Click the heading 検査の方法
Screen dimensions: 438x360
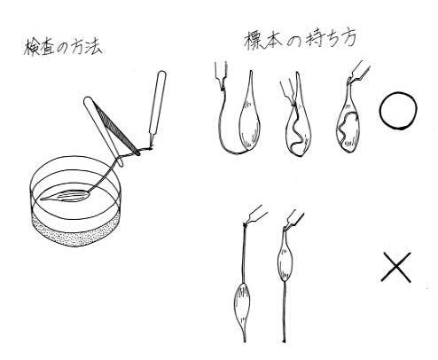pyautogui.click(x=63, y=47)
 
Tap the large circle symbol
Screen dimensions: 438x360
pyautogui.click(x=398, y=111)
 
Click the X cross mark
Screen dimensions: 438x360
pyautogui.click(x=396, y=267)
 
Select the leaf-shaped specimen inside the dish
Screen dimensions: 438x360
pyautogui.click(x=66, y=196)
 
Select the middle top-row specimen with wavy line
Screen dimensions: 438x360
pyautogui.click(x=298, y=124)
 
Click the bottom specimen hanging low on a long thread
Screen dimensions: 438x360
pyautogui.click(x=242, y=308)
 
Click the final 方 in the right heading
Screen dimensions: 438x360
pyautogui.click(x=348, y=40)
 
